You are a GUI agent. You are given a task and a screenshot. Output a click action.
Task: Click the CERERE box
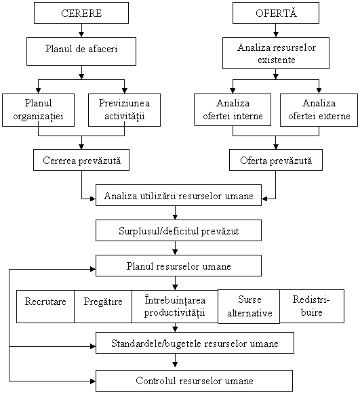point(81,13)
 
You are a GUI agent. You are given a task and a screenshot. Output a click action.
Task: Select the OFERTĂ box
point(276,13)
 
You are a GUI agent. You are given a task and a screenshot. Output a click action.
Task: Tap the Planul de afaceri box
point(81,51)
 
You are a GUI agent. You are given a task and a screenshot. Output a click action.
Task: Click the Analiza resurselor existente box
point(276,53)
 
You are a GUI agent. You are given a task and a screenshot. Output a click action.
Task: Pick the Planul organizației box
point(39,110)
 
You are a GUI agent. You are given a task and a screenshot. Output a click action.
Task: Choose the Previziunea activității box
point(124,110)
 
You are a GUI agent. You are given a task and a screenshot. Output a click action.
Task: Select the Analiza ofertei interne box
point(233,110)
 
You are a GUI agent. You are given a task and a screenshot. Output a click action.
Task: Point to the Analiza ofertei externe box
point(319,110)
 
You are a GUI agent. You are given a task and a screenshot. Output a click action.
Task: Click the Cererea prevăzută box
point(81,160)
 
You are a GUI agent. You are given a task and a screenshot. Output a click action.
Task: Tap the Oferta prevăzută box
point(276,160)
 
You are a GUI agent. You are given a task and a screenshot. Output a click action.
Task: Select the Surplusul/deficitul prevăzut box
point(178,230)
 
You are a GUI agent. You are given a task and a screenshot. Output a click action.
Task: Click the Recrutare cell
point(45,306)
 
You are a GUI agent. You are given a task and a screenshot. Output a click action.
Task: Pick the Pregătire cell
point(103,306)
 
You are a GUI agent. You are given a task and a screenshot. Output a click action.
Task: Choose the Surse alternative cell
point(249,306)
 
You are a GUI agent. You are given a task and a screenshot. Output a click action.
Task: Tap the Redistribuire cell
point(312,306)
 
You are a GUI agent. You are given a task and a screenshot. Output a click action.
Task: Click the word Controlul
point(156,381)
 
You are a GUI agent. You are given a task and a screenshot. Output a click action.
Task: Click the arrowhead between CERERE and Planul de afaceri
point(81,34)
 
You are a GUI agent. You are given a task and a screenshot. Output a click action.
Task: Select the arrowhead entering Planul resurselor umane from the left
point(93,269)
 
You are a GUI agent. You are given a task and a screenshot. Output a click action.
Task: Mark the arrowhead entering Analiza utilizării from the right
point(264,199)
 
